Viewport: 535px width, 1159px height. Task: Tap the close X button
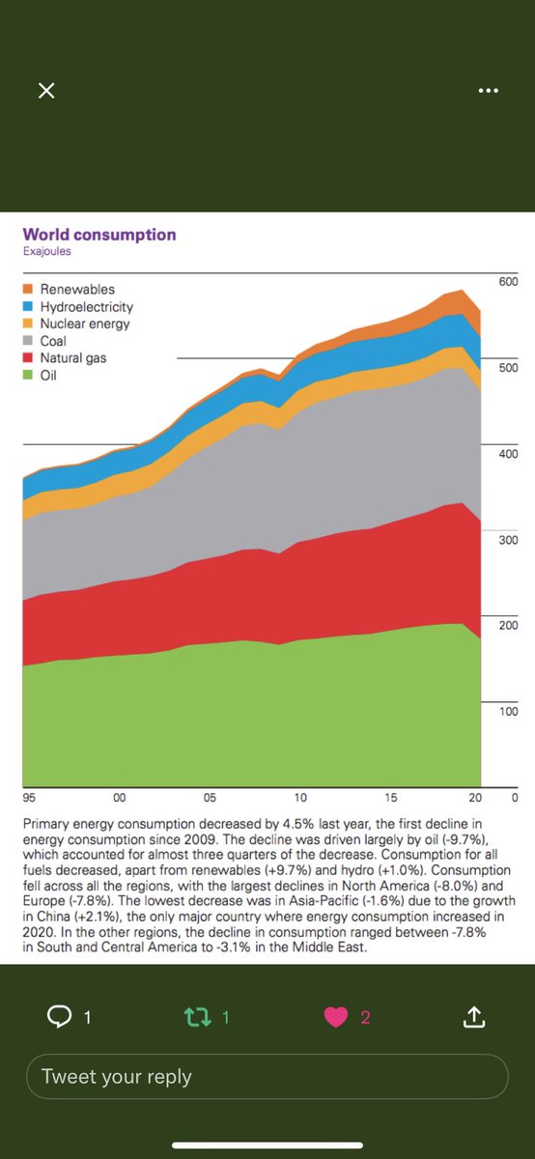coord(46,91)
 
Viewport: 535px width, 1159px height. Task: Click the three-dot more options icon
coord(489,91)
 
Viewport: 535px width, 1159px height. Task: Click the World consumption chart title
coord(99,235)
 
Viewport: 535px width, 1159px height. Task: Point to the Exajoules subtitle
coord(46,251)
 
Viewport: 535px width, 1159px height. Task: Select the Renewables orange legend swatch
coord(28,289)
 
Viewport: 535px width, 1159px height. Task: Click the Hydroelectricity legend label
coord(87,307)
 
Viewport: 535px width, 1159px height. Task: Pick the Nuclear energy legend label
coord(85,324)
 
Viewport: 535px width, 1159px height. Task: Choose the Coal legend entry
coord(45,341)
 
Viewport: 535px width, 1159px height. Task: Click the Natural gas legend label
coord(73,358)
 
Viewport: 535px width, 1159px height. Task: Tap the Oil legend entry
coord(40,375)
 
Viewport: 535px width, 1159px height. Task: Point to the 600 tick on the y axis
coord(508,281)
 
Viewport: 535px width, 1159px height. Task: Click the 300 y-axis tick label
coord(508,540)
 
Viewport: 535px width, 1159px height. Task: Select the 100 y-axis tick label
coord(508,712)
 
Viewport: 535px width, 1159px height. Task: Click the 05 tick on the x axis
coord(210,798)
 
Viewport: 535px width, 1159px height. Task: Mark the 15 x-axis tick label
coord(391,798)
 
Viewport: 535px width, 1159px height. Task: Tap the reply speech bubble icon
coord(60,1016)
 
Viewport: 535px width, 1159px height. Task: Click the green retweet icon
coord(198,1017)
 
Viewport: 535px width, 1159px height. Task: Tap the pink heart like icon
coord(336,1017)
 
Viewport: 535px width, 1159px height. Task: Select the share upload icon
coord(473,1016)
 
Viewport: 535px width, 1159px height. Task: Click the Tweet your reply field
coord(267,1076)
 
